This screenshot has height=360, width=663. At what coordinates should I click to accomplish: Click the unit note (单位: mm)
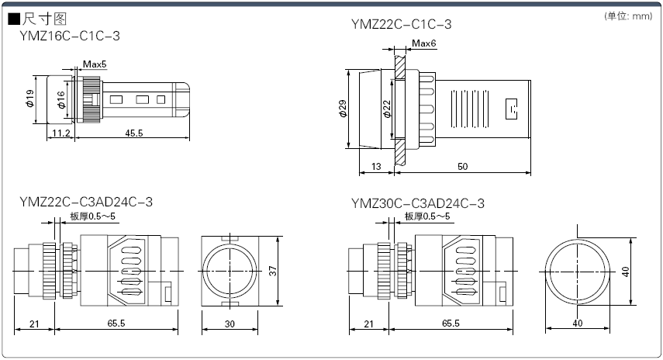click(x=628, y=16)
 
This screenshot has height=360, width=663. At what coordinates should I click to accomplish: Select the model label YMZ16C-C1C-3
click(x=70, y=36)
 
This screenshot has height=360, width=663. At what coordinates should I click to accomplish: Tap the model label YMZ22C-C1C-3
click(x=401, y=25)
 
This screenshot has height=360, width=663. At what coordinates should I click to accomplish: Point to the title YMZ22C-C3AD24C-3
click(x=86, y=202)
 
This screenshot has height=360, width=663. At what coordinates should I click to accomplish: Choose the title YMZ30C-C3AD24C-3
click(x=417, y=203)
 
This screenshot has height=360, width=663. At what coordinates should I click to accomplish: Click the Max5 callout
click(x=95, y=63)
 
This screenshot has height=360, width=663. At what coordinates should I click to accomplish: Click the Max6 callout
click(x=424, y=43)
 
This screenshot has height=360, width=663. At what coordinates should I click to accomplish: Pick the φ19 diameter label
click(x=29, y=99)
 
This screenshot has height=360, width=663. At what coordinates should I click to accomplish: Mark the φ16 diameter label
click(x=61, y=99)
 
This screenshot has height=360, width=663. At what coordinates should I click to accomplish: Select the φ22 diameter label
click(x=387, y=109)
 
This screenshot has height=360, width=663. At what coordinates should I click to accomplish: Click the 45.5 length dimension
click(x=134, y=133)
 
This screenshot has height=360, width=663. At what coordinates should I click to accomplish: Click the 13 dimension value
click(x=377, y=167)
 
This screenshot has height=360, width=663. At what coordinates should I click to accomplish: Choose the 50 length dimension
click(x=462, y=167)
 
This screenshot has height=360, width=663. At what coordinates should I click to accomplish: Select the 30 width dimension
click(x=229, y=323)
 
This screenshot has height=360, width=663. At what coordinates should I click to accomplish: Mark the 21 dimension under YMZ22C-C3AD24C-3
click(x=33, y=323)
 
